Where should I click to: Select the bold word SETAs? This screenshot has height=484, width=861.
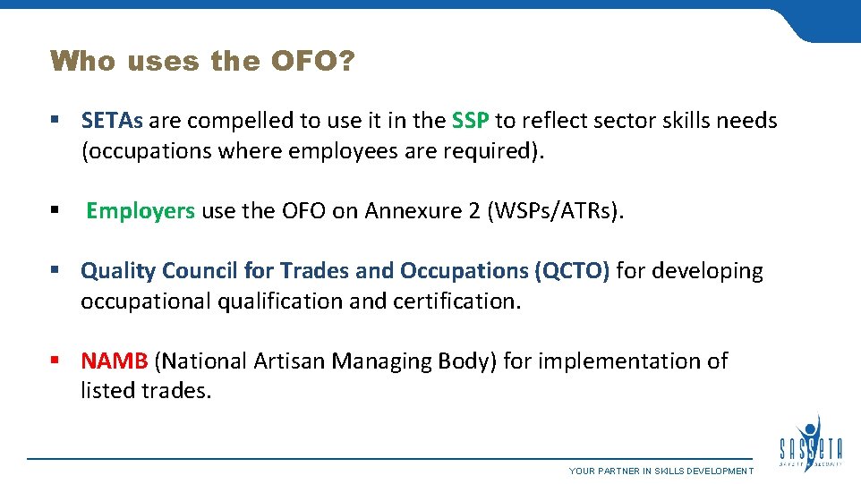click(114, 121)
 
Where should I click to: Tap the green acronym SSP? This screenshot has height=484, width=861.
click(470, 121)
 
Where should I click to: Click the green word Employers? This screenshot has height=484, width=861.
click(141, 211)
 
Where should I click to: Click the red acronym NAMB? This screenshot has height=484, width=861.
click(114, 361)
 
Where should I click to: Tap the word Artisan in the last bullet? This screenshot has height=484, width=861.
click(290, 361)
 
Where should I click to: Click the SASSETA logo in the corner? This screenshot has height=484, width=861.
click(811, 442)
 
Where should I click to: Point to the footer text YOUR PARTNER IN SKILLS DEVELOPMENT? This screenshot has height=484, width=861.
click(661, 471)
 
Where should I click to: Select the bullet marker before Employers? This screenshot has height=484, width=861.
click(56, 211)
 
